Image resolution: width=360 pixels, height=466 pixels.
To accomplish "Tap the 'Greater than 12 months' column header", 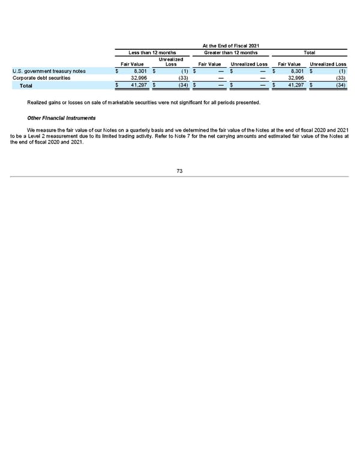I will click(x=231, y=53).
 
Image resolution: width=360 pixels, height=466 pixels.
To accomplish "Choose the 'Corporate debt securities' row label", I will click(x=41, y=77).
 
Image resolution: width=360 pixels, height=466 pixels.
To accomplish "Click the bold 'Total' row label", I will click(x=26, y=86).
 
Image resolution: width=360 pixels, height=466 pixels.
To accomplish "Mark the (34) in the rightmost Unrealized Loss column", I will click(x=340, y=86).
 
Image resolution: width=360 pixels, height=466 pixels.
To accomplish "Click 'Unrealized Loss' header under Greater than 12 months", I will click(x=249, y=64).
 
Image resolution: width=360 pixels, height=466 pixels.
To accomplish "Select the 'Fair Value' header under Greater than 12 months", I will click(x=210, y=64).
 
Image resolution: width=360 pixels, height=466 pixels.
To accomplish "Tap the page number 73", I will click(x=180, y=171).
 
